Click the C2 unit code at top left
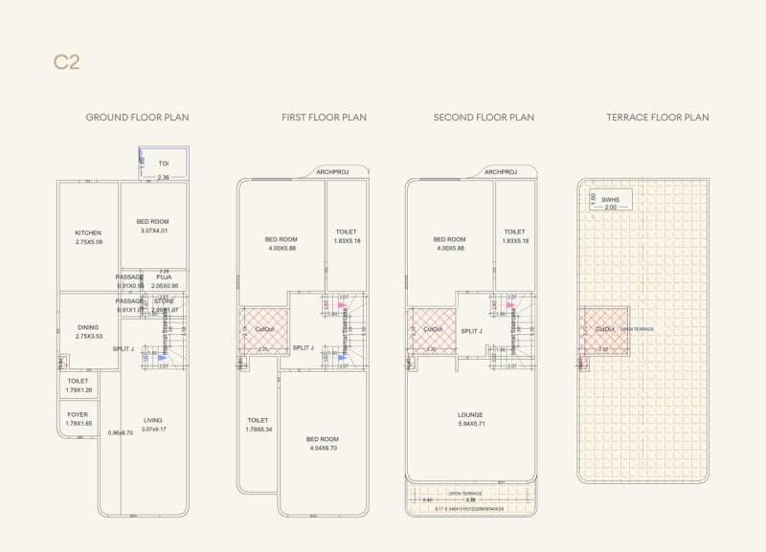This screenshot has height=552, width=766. [x=66, y=63]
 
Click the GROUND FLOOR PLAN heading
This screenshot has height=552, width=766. [x=137, y=118]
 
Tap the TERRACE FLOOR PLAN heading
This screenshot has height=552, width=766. [x=657, y=118]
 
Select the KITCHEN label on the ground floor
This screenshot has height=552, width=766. [x=88, y=232]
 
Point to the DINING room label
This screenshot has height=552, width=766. [x=88, y=327]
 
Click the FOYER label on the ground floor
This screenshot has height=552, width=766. [x=78, y=415]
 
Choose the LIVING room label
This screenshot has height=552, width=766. [x=153, y=420]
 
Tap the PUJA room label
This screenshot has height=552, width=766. [x=164, y=277]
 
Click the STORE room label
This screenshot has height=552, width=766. [x=165, y=301]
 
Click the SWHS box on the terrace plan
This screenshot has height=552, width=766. [x=611, y=200]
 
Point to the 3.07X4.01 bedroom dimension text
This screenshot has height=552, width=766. [x=154, y=230]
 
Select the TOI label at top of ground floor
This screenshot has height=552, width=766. [x=164, y=164]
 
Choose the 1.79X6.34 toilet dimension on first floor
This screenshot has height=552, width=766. [x=259, y=429]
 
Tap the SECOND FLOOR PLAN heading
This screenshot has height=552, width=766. [x=484, y=118]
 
